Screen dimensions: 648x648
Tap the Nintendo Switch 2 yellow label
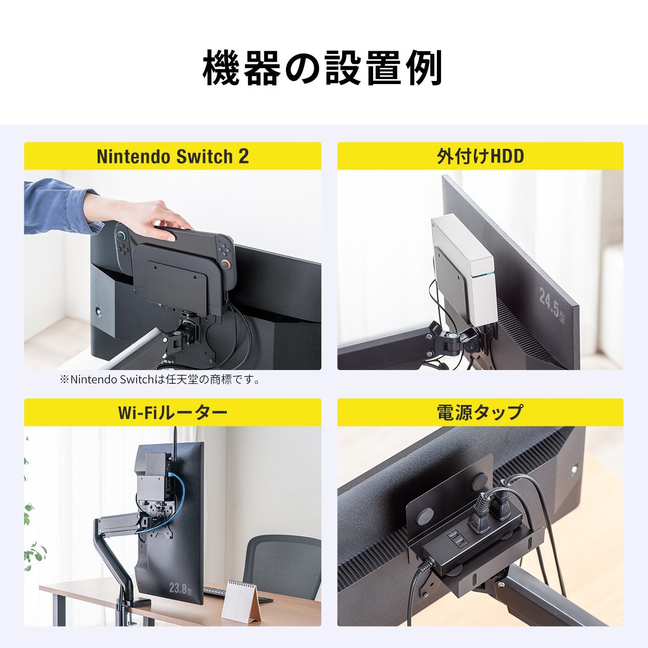pyautogui.click(x=173, y=156)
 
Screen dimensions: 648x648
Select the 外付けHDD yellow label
pyautogui.click(x=480, y=156)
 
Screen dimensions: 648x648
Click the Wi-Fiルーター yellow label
pyautogui.click(x=173, y=413)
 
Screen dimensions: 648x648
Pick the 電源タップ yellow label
pyautogui.click(x=480, y=413)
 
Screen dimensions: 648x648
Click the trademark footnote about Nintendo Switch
pyautogui.click(x=161, y=379)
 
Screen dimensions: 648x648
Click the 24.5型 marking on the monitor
pyautogui.click(x=552, y=303)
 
